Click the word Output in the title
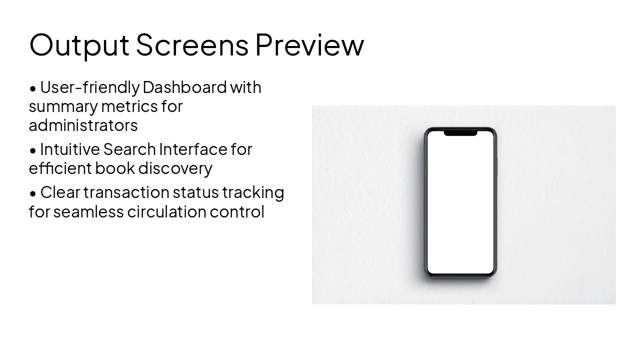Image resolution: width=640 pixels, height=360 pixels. point(79,45)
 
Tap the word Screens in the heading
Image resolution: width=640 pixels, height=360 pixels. point(192,45)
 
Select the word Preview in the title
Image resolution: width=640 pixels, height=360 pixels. point(309,45)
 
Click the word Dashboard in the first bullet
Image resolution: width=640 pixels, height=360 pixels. point(184,87)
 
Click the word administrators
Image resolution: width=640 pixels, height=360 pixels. point(83,125)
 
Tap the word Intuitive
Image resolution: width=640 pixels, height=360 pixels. point(69,149)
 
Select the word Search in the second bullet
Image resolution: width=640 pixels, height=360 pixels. point(129,149)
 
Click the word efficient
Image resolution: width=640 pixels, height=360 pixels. point(60,168)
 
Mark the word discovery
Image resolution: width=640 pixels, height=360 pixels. point(175,168)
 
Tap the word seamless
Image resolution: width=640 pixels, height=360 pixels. point(88,211)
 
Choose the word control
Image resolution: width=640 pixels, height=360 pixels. point(237,211)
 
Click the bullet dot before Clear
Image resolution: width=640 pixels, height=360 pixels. point(33,193)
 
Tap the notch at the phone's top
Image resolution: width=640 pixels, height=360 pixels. point(460,132)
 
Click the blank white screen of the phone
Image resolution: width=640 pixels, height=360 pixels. point(460,205)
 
